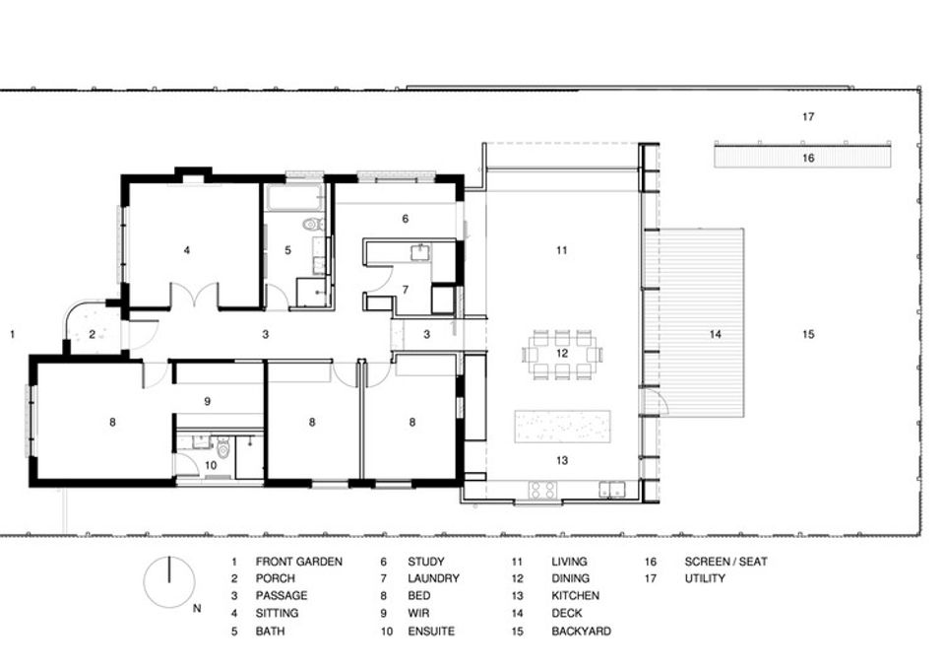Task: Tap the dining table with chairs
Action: [561, 353]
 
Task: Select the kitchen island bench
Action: [561, 427]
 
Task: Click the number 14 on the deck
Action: [716, 335]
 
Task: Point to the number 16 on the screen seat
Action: [807, 157]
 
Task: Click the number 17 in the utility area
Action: [807, 117]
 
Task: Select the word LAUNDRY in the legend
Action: [433, 579]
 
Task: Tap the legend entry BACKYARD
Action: [581, 632]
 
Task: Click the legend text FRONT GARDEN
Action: [299, 562]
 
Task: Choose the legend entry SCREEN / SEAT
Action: [725, 562]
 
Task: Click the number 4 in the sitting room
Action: [187, 250]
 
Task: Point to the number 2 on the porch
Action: [93, 335]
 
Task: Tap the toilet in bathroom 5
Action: [312, 225]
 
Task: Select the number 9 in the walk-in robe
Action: [208, 401]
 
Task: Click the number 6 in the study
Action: [405, 219]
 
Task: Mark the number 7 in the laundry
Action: [404, 290]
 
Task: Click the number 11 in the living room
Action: [561, 250]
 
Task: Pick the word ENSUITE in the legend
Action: [431, 632]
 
